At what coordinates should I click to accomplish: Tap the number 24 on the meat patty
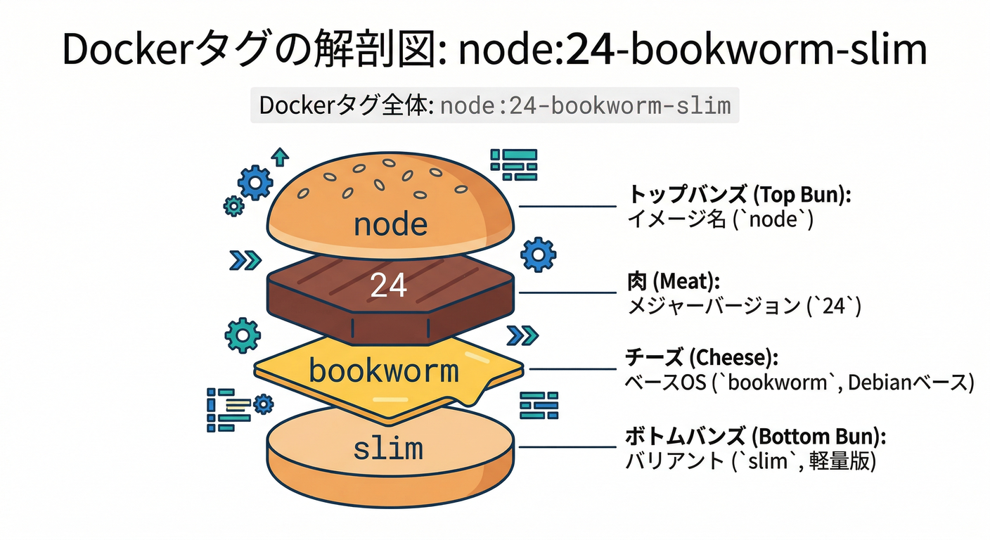(x=388, y=285)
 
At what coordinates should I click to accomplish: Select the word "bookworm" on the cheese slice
(x=384, y=371)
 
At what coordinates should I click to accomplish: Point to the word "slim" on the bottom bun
(x=388, y=448)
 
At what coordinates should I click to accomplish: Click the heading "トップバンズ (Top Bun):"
(x=738, y=195)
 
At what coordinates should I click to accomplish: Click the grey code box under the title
(x=494, y=105)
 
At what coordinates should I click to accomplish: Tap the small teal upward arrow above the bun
(x=281, y=156)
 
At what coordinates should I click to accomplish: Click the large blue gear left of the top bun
(x=255, y=182)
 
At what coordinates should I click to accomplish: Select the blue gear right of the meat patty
(x=539, y=254)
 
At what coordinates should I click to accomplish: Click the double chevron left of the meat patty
(x=245, y=260)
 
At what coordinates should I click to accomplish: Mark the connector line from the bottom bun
(x=567, y=446)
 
